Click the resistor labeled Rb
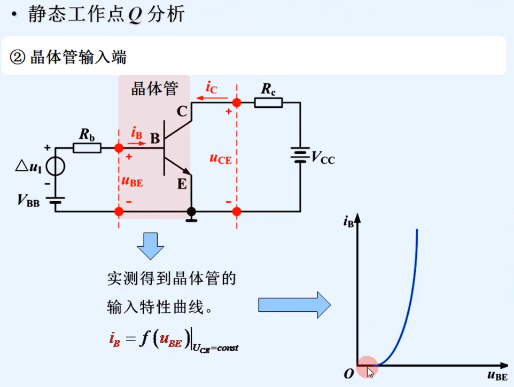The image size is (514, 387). [87, 147]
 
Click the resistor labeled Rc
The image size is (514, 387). [268, 102]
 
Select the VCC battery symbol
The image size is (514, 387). [300, 155]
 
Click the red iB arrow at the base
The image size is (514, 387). [137, 143]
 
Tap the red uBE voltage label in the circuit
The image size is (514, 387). [132, 181]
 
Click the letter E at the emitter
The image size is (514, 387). [182, 184]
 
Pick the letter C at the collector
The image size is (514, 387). [182, 112]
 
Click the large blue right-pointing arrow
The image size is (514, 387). [294, 305]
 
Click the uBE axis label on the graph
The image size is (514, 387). [497, 375]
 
